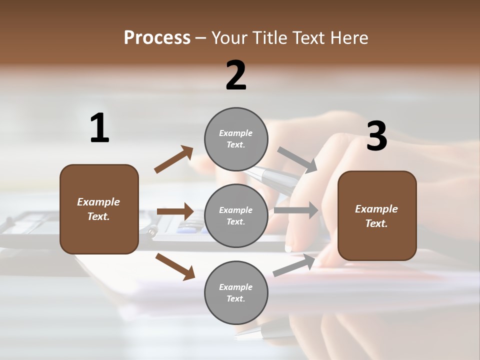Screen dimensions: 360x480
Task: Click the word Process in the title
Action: [x=157, y=37]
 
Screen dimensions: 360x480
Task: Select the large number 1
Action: [x=99, y=128]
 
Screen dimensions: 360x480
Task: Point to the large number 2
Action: [x=236, y=75]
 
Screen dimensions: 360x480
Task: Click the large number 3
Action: [x=376, y=136]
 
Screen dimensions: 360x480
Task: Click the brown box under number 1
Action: [x=99, y=209]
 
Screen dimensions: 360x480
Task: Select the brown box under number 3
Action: [x=377, y=216]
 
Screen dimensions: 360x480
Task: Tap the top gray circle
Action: [x=236, y=139]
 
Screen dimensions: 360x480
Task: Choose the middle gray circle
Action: [x=236, y=215]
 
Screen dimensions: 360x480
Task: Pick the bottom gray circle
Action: [x=236, y=292]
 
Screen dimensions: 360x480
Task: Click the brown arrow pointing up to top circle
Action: [x=174, y=159]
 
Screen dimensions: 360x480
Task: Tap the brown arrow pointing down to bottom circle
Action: [x=175, y=266]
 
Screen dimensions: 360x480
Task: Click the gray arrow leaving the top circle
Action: [x=297, y=160]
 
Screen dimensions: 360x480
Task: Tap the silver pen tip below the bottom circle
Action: [x=272, y=327]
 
